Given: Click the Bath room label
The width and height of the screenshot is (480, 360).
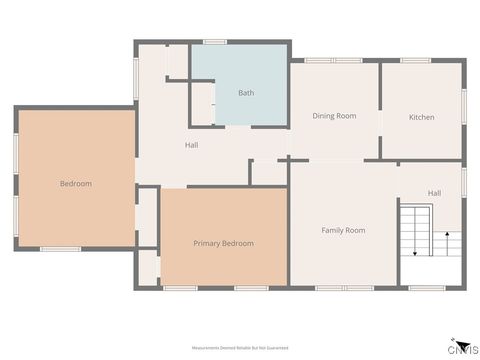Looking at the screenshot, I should point(246,93).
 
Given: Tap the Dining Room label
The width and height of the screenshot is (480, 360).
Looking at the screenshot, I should point(334,116).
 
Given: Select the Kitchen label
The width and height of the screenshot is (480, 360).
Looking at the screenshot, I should point(421,117).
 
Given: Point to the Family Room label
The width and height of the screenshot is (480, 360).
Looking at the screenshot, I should point(343,230).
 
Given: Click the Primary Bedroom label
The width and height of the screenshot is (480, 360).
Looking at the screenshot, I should point(223,243).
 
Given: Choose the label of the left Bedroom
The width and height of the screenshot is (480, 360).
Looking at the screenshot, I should point(75,183).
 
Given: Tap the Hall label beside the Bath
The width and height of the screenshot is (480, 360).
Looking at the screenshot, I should point(191,145).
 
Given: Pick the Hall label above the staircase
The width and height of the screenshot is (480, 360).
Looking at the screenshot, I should point(435,193).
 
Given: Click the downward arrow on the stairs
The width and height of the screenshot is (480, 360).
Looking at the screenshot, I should point(413,253).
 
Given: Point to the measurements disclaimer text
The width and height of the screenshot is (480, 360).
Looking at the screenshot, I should point(240,347).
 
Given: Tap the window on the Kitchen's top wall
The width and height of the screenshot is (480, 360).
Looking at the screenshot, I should point(415,60).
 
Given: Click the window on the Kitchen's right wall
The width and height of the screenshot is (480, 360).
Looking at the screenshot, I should point(464,105).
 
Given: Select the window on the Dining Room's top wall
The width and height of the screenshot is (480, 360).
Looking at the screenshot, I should point(334,60).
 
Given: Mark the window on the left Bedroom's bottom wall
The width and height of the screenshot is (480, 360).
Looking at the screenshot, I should point(60,249).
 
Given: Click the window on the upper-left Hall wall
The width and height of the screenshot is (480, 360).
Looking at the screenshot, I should point(136,76).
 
